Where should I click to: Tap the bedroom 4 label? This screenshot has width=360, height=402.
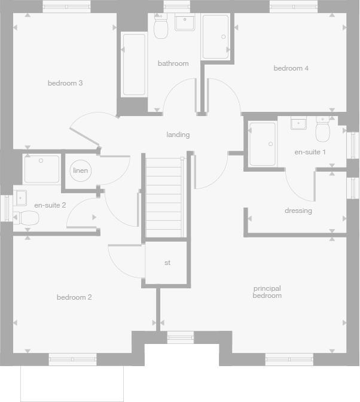click(291, 68)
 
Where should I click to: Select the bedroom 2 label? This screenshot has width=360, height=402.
click(74, 297)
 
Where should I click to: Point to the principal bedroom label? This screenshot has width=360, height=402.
click(267, 292)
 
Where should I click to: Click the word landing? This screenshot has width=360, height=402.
click(178, 135)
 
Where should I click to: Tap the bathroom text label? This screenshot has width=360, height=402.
click(173, 63)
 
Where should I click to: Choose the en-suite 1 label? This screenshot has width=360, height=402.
click(310, 152)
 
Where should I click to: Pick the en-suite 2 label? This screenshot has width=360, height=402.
click(50, 205)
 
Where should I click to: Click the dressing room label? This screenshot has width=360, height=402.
click(298, 211)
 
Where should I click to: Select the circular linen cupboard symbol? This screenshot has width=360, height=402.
click(80, 170)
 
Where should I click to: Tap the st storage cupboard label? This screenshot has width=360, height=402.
click(167, 263)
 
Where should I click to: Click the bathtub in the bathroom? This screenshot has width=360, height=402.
click(134, 65)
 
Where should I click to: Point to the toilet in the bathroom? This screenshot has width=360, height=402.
click(161, 27)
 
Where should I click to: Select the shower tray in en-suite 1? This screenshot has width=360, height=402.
click(262, 144)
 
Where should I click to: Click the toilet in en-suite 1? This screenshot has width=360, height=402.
click(323, 128)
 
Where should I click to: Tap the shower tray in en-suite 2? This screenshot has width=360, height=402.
click(42, 169)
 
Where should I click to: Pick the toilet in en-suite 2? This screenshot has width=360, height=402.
click(28, 218)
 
